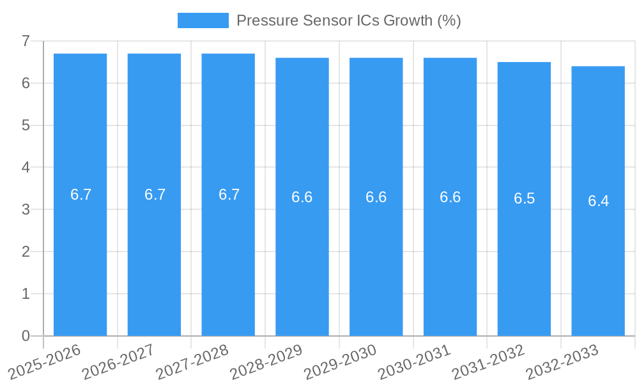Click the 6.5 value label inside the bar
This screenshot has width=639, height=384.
tap(524, 198)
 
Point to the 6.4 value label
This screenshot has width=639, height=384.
tap(598, 201)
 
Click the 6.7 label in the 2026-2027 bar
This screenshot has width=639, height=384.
tap(155, 195)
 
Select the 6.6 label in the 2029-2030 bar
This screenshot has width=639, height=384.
tap(376, 197)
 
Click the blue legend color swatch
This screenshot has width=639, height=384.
tap(203, 20)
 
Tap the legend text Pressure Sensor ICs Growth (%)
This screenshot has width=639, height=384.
tap(348, 20)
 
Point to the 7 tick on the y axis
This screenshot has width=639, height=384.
tap(26, 41)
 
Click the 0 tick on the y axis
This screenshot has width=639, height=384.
tap(26, 336)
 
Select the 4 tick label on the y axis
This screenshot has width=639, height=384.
tap(26, 168)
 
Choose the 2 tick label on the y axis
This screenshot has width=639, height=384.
tap(26, 252)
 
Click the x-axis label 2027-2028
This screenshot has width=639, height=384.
tap(192, 362)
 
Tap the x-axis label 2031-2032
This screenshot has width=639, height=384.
tap(488, 362)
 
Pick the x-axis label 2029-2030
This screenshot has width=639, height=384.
tap(340, 362)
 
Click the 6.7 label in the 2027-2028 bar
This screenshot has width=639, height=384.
tap(229, 195)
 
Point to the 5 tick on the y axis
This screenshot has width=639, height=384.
tap(26, 125)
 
